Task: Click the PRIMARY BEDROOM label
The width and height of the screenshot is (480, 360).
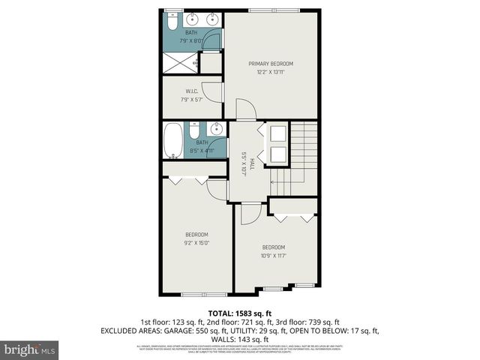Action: [x=271, y=64]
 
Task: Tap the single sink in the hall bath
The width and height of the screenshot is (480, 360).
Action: [x=214, y=127]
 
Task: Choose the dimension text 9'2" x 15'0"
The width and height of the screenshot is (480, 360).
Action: [x=196, y=243]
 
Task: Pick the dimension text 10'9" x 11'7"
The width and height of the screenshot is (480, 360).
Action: [x=274, y=256]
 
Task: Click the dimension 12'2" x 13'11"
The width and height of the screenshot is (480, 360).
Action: [x=271, y=72]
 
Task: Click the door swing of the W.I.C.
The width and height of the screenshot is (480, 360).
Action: [x=216, y=90]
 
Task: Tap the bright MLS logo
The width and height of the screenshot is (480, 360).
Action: [x=30, y=349]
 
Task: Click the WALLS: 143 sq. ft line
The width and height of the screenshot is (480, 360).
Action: [x=240, y=338]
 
